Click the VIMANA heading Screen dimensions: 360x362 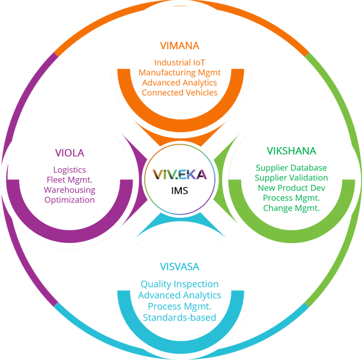(x=179, y=45)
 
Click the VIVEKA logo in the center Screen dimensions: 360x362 (x=180, y=175)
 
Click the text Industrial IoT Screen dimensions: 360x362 (x=179, y=62)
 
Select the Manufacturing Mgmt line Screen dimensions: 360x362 (x=179, y=73)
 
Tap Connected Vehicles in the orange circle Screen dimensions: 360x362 (x=179, y=92)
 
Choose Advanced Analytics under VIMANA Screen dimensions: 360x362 (x=179, y=83)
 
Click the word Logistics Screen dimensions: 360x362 (x=70, y=170)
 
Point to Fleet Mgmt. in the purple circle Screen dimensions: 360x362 (x=70, y=180)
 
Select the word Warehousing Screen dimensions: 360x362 (x=70, y=190)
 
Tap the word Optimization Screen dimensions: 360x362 (x=70, y=200)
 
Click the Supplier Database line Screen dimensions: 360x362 (x=291, y=168)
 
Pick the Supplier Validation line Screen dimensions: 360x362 (x=291, y=178)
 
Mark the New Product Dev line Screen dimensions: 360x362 (x=291, y=188)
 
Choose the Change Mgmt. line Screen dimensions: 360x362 (x=291, y=208)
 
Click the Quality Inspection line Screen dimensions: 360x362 (x=179, y=284)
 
